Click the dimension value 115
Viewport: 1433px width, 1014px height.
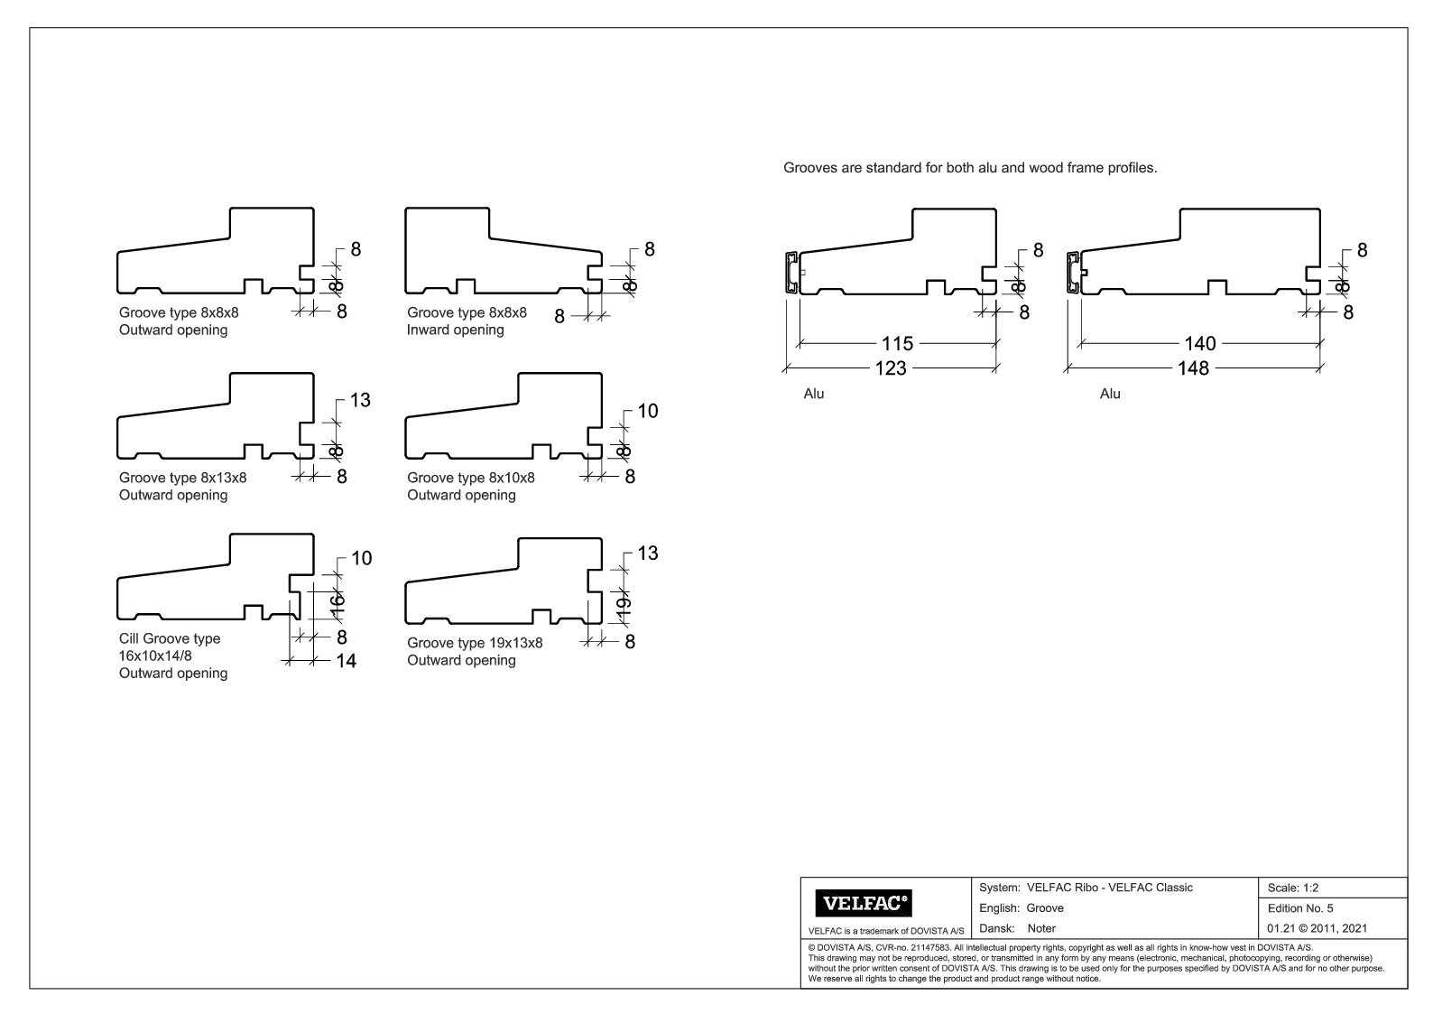click(897, 344)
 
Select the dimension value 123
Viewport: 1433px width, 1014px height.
click(890, 368)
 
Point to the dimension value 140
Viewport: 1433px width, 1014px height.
click(1199, 344)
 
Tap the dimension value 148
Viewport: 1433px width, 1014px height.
click(1192, 368)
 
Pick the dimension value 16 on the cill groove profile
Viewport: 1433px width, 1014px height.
click(336, 602)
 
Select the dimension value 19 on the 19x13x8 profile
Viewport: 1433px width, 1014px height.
click(624, 608)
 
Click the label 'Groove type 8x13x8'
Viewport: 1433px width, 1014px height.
click(182, 478)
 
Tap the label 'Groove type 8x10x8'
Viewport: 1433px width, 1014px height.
click(470, 478)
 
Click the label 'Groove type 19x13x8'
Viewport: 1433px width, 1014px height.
click(475, 643)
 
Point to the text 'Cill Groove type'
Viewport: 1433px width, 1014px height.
click(170, 638)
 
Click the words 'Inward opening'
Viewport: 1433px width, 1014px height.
click(455, 330)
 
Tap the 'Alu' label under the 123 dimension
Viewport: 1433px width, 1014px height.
click(813, 394)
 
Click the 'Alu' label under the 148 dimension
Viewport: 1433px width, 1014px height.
click(1110, 394)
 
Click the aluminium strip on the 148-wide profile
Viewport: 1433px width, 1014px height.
click(1074, 273)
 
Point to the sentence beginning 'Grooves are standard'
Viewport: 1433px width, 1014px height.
click(970, 168)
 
